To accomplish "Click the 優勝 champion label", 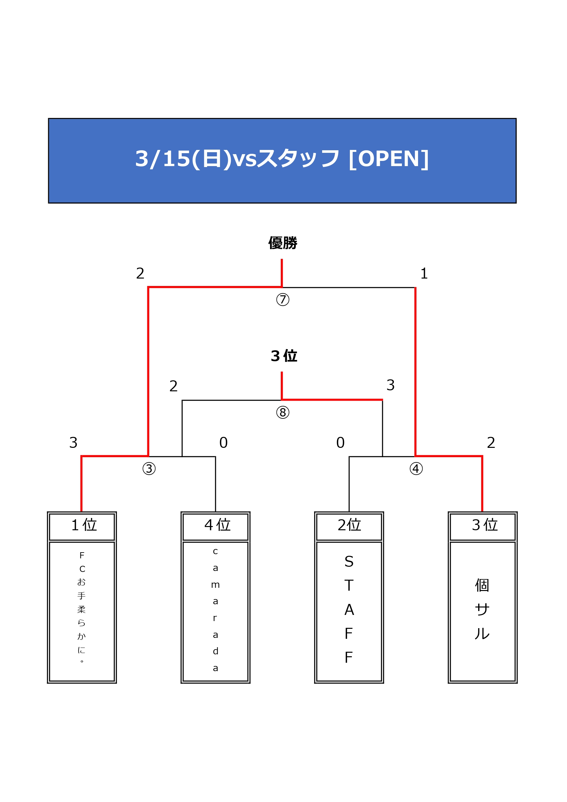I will (x=283, y=243).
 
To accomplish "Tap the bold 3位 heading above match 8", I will (x=284, y=356).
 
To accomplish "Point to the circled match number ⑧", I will (x=283, y=412).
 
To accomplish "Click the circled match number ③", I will (x=149, y=469).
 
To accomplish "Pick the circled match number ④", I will (x=416, y=469).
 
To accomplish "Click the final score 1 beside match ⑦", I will (x=424, y=273).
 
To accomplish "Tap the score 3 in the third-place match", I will (x=390, y=385).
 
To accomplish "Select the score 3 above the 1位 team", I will (x=73, y=443).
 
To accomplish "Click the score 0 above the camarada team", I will (x=223, y=443).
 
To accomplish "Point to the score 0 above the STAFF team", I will (x=340, y=443).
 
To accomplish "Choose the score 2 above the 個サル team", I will (x=491, y=443).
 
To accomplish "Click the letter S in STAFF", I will (x=349, y=562).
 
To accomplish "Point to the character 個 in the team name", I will (x=482, y=586).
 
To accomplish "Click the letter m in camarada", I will (x=215, y=585).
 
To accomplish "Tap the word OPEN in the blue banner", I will (x=388, y=159).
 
